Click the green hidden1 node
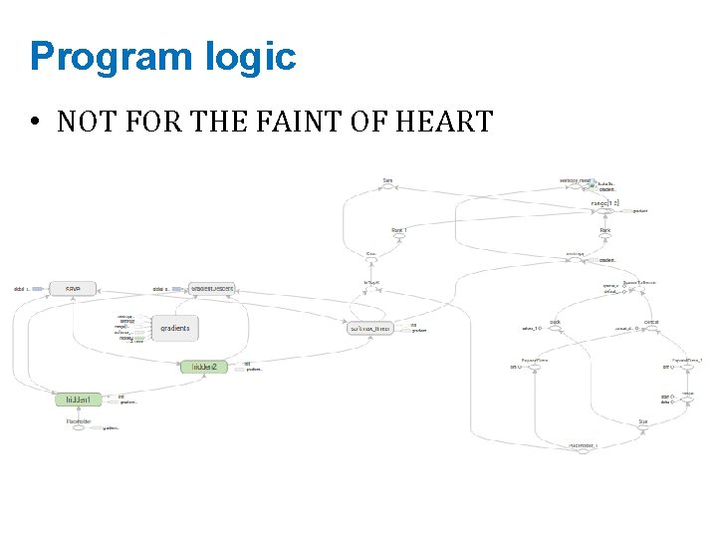pyautogui.click(x=79, y=400)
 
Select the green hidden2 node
pyautogui.click(x=209, y=367)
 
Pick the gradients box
pyautogui.click(x=174, y=327)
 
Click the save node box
pyautogui.click(x=72, y=288)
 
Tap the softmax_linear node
pyautogui.click(x=369, y=327)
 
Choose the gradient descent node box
pyautogui.click(x=212, y=288)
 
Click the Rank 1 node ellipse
pyautogui.click(x=398, y=236)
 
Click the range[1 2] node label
pyautogui.click(x=604, y=203)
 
